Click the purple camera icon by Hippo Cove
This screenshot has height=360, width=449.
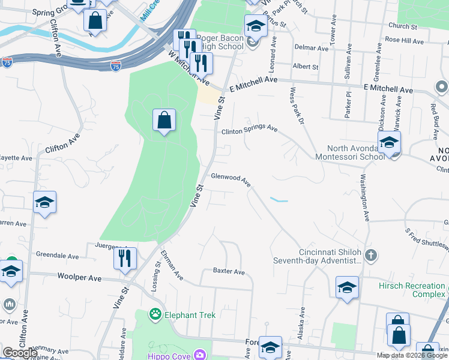tap(200, 355)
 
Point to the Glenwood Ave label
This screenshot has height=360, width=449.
tap(231, 179)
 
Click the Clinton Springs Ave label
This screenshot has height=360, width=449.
tap(249, 130)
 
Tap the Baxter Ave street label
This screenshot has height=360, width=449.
tap(229, 272)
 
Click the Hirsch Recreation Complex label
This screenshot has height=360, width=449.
tap(412, 290)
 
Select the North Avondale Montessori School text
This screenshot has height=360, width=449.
tap(355, 153)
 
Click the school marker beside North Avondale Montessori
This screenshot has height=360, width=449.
tap(389, 143)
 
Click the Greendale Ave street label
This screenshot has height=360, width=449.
tap(57, 256)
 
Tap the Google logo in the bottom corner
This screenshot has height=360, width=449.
tap(19, 353)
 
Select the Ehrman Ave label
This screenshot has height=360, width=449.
tap(172, 268)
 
